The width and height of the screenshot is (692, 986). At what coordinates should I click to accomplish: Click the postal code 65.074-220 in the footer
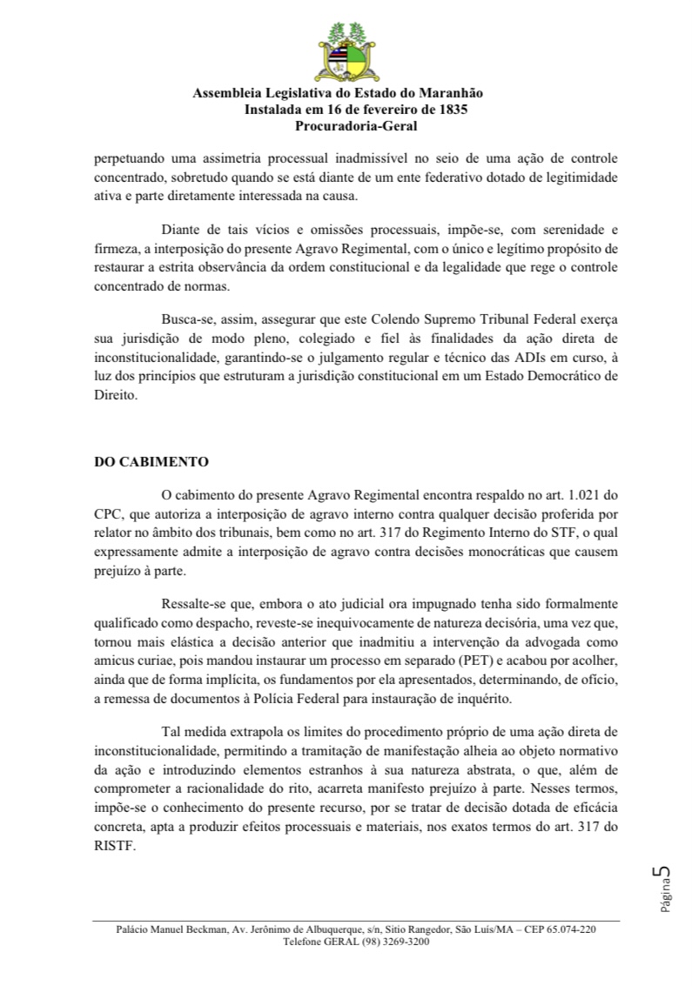(569, 929)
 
